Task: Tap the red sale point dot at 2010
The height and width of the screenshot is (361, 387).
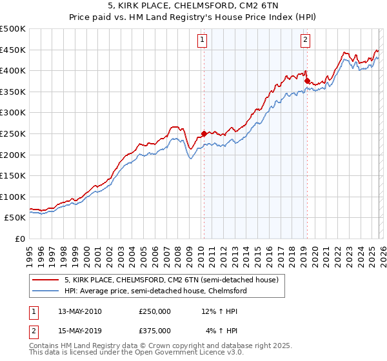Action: click(x=204, y=134)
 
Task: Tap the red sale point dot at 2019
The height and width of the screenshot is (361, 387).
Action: click(x=307, y=81)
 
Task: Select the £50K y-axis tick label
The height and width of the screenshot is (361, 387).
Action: click(x=15, y=218)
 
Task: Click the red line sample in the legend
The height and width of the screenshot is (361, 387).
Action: click(x=46, y=280)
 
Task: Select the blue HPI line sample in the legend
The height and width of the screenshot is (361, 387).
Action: click(x=46, y=291)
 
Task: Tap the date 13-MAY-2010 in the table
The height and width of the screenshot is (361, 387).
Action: click(x=80, y=311)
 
